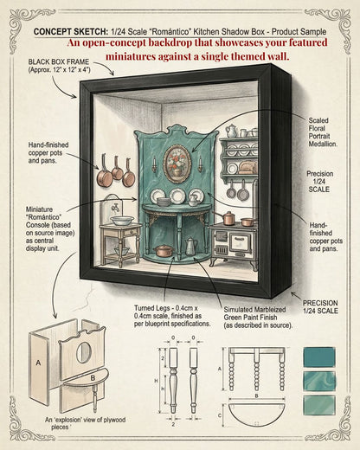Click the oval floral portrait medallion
[177, 164]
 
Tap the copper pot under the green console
[164, 251]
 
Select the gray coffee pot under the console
[190, 247]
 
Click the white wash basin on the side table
[123, 221]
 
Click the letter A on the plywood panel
[38, 363]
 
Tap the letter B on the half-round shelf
[93, 378]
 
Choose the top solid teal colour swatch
[319, 357]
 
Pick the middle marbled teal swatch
[319, 381]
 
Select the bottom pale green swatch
[319, 405]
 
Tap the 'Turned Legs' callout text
[172, 316]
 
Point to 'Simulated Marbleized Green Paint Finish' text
[258, 318]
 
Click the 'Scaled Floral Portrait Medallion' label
[323, 132]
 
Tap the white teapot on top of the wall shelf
[231, 131]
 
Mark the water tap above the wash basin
[116, 208]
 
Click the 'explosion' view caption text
[85, 423]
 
